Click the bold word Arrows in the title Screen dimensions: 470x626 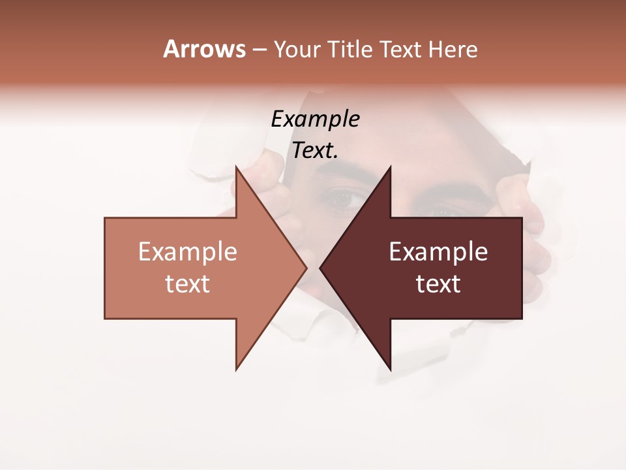point(204,49)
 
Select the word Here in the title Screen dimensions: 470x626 point(453,50)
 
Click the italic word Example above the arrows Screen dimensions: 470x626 point(315,119)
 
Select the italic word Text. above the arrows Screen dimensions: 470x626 point(315,150)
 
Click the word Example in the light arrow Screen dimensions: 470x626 point(188,251)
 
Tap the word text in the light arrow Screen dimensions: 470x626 point(188,283)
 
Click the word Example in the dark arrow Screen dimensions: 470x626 point(438,251)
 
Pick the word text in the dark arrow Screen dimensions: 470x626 point(438,283)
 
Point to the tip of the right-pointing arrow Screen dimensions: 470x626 point(306,268)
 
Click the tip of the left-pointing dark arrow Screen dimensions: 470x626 point(320,268)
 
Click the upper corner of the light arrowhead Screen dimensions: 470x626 point(237,167)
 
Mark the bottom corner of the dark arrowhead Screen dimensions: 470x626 point(390,369)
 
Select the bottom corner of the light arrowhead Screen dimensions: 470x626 point(237,369)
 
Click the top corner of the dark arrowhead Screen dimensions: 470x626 point(390,167)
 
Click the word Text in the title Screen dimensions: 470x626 point(400,50)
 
